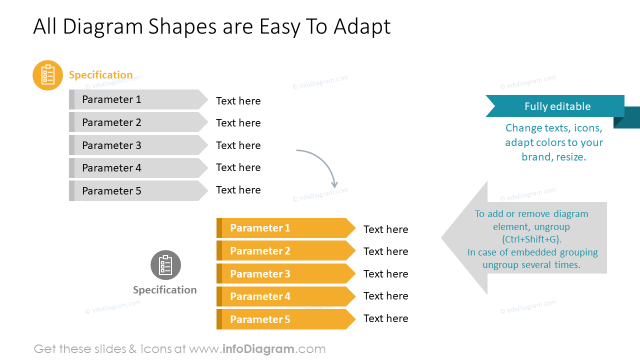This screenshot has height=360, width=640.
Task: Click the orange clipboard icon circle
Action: (x=47, y=75)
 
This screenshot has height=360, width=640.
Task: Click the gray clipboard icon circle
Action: (x=165, y=265)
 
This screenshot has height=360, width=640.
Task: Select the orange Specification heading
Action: (x=100, y=75)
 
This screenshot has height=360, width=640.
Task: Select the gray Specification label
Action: (x=164, y=290)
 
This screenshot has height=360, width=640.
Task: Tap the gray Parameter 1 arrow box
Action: (x=135, y=99)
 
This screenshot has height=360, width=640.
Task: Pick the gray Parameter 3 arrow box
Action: (x=135, y=145)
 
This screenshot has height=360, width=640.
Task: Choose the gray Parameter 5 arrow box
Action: (x=135, y=191)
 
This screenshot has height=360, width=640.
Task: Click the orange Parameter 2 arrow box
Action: (x=282, y=251)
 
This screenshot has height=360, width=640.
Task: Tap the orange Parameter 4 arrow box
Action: (x=282, y=296)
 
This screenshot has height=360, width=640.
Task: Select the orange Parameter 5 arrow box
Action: (x=282, y=319)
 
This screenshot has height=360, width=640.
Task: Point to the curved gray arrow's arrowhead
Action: (x=334, y=185)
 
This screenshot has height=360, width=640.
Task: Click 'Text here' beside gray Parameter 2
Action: (x=238, y=123)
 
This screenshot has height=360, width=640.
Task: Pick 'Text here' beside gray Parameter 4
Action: (x=238, y=167)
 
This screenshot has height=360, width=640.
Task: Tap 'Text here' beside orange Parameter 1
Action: (x=385, y=229)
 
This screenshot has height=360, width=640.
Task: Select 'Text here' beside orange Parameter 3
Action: (x=385, y=274)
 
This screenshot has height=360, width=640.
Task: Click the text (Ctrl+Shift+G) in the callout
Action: (x=531, y=239)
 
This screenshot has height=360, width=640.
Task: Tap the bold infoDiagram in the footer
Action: (x=258, y=349)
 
